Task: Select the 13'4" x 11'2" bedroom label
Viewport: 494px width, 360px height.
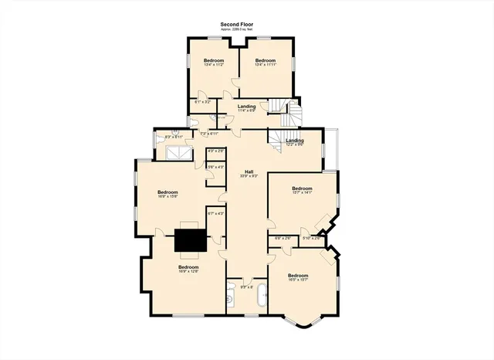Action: pyautogui.click(x=213, y=62)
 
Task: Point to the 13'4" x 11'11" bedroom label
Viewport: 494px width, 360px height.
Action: pyautogui.click(x=266, y=62)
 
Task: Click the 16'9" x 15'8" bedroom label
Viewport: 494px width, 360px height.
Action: pyautogui.click(x=167, y=194)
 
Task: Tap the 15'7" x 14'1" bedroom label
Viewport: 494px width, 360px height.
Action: pyautogui.click(x=302, y=190)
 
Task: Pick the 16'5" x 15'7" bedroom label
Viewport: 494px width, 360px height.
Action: pyautogui.click(x=298, y=277)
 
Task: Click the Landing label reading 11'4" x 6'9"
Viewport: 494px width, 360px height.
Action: pyautogui.click(x=247, y=108)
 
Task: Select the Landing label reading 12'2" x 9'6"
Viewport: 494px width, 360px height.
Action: pyautogui.click(x=295, y=142)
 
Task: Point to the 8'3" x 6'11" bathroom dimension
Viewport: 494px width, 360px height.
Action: pyautogui.click(x=174, y=137)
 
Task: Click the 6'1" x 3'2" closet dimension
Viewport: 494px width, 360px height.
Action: pyautogui.click(x=202, y=102)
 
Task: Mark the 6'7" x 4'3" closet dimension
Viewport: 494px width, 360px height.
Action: pyautogui.click(x=215, y=214)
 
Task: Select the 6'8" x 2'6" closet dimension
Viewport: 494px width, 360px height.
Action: pyautogui.click(x=283, y=238)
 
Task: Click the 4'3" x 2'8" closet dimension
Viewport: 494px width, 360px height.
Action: pyautogui.click(x=216, y=151)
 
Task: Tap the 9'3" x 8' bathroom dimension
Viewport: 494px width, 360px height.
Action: pyautogui.click(x=247, y=287)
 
